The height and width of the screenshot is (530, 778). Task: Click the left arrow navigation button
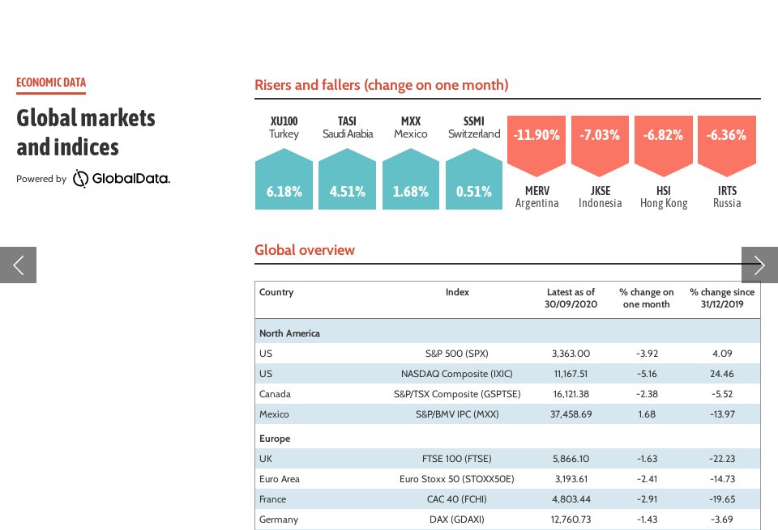tap(18, 265)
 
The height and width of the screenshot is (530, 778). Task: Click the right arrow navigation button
tap(759, 265)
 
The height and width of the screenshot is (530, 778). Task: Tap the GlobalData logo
tap(122, 179)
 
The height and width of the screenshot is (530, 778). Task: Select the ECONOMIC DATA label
tap(51, 83)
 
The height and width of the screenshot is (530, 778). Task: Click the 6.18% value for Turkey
tap(284, 192)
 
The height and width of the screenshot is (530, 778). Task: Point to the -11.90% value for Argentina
tap(536, 135)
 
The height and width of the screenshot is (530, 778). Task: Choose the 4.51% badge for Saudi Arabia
tap(347, 192)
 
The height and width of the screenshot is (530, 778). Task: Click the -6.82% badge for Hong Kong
tap(663, 135)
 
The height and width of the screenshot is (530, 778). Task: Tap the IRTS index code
tap(727, 191)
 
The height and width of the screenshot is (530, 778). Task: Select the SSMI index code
tap(474, 121)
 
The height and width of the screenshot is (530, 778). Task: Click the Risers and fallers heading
tap(381, 85)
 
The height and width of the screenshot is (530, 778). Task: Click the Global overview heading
tap(305, 250)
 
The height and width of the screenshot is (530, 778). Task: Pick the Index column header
tap(457, 292)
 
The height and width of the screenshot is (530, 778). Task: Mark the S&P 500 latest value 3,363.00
tap(571, 354)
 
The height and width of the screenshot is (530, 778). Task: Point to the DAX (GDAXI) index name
tap(457, 519)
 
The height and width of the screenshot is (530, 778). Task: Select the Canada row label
tap(275, 394)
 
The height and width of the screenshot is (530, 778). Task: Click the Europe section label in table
tap(275, 439)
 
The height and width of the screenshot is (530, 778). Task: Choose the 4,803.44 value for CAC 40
tap(571, 499)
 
